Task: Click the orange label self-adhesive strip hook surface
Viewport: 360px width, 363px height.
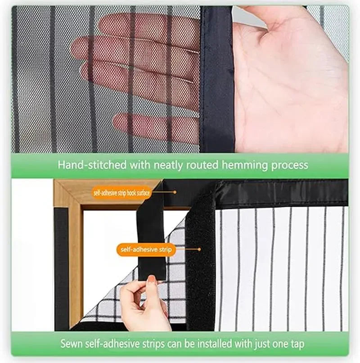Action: pos(122,192)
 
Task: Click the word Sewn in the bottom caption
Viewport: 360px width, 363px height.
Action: pos(72,344)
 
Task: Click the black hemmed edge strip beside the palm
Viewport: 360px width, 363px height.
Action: pos(216,81)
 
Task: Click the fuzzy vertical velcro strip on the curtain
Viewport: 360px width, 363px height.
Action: pos(201,261)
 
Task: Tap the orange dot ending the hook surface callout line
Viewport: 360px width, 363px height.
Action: pos(175,192)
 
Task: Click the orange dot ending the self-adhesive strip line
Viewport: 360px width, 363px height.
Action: pos(199,249)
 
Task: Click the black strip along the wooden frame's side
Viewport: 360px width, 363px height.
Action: pos(62,266)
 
